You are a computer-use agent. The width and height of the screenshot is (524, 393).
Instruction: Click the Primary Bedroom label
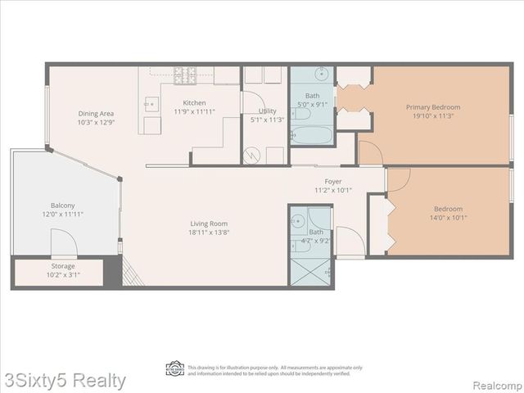point(433,107)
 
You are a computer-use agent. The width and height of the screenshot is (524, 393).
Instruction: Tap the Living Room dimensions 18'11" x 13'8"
point(209,233)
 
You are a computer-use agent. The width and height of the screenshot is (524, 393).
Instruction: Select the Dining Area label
point(96,113)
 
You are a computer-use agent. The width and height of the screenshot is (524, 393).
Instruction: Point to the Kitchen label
point(194,102)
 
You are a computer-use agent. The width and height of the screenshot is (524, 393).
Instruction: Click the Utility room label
point(267,111)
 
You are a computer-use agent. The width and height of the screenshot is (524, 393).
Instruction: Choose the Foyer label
point(332,181)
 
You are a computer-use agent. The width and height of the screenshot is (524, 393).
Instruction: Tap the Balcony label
point(63,206)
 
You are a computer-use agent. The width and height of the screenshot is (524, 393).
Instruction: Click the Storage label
point(63,266)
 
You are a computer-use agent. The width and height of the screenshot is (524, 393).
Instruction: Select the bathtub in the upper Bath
point(312,133)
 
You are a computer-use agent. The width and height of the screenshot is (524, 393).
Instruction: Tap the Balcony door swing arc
point(64,242)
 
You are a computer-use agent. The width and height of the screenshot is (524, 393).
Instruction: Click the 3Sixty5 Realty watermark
point(64,381)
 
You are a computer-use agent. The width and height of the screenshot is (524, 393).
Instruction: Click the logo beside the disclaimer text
point(174,368)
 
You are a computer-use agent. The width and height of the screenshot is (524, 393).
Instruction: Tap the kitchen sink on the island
point(151,104)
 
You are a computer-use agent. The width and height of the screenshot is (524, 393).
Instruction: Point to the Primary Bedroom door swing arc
point(370,152)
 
